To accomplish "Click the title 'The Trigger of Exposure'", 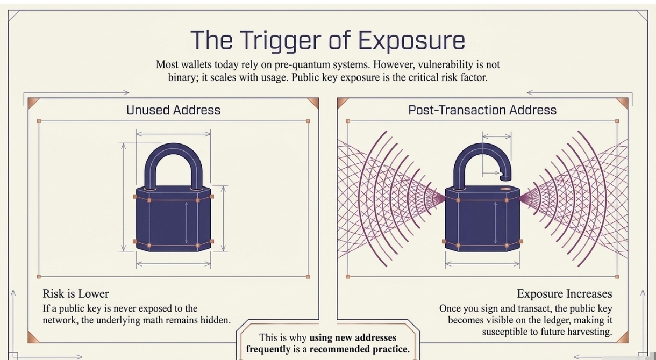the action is coord(327,40).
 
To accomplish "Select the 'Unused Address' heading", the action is coord(173,110).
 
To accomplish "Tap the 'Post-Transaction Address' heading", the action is coord(482,110).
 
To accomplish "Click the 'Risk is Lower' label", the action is coord(76,294).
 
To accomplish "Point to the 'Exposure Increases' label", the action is coord(564,294).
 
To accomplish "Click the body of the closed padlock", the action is coord(173,220).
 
